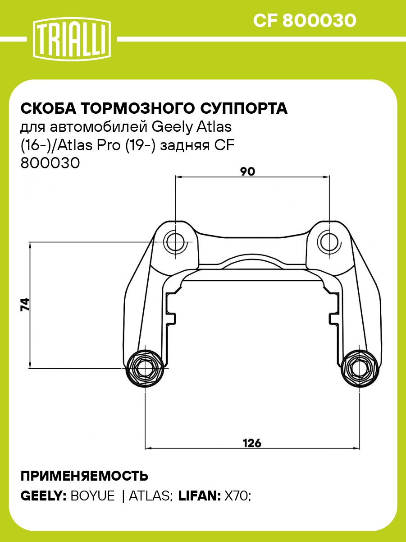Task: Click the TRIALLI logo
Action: coord(71,40)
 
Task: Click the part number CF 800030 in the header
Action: coord(305,21)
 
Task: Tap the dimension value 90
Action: coord(247,171)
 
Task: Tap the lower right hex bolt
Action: coord(359,368)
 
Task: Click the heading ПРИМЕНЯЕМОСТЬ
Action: coord(84,476)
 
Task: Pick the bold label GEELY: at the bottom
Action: coord(44,496)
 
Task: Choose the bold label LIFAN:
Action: coord(199,496)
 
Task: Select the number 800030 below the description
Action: coord(50,163)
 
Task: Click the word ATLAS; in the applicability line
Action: coord(151,496)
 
